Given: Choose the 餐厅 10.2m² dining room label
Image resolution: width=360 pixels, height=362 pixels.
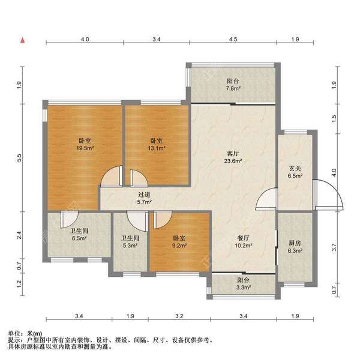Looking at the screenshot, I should tap(243, 241).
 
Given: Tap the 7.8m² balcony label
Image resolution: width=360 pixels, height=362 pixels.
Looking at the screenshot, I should tap(233, 85).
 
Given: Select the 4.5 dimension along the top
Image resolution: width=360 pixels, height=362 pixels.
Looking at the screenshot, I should tap(233, 39).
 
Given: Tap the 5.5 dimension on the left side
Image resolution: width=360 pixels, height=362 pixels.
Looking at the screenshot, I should tap(19, 157).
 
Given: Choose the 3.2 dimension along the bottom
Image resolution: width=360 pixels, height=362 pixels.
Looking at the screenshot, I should tap(178, 316).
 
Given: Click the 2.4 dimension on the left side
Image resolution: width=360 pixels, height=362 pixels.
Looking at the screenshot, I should tap(19, 235).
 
